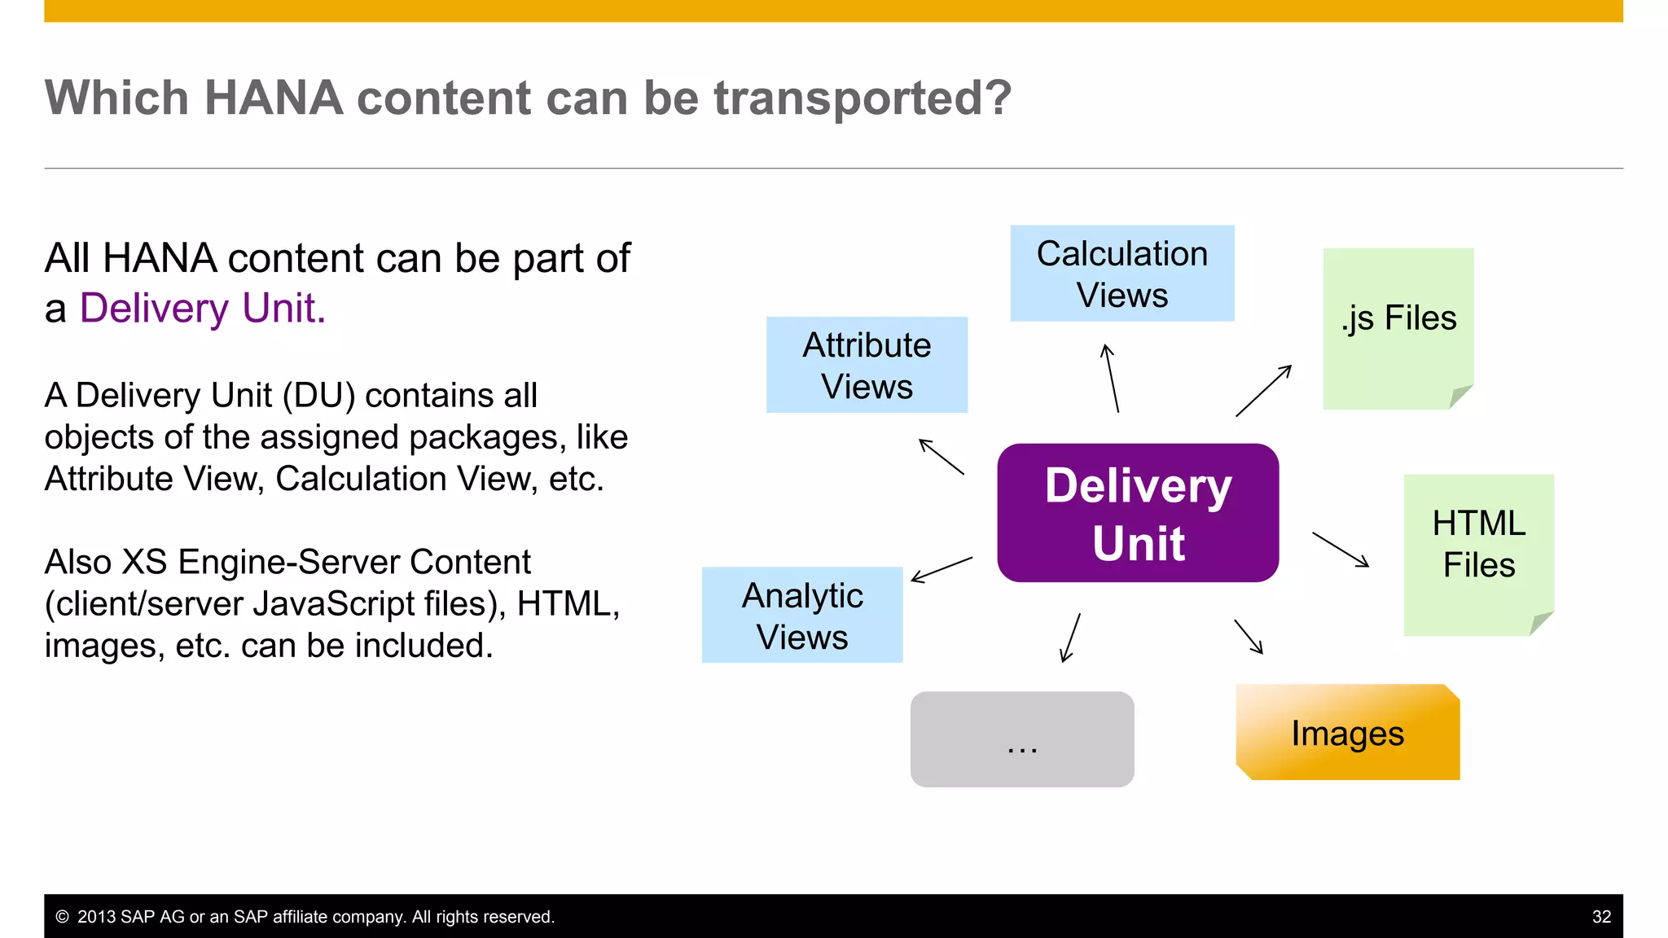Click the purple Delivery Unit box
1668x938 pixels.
pos(1137,513)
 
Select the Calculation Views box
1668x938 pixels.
pos(1122,274)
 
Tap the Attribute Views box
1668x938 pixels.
pos(867,365)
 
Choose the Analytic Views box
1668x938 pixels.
pos(802,615)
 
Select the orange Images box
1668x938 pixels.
pos(1347,733)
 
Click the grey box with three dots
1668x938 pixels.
pos(1021,739)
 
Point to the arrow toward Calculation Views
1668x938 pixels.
pos(1112,379)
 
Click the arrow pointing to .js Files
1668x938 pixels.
pos(1263,391)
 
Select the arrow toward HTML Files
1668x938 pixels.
pos(1341,550)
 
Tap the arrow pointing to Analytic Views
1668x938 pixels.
pos(942,569)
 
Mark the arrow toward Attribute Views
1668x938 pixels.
pos(942,457)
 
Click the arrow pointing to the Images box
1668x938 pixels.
pos(1249,637)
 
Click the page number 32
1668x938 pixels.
pos(1601,917)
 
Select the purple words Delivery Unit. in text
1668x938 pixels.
pos(202,309)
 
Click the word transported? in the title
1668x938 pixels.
pos(863,98)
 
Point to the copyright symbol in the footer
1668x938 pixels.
pos(62,917)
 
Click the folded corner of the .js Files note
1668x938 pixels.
pos(1459,397)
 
